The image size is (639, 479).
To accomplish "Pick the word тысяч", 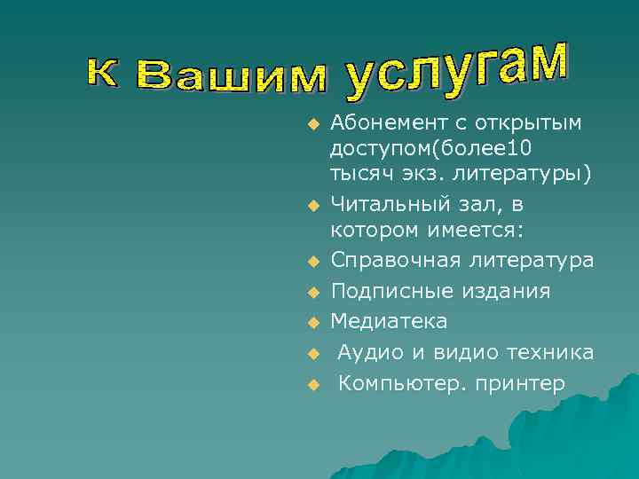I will coord(359,173).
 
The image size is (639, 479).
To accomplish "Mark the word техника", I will coord(549,352).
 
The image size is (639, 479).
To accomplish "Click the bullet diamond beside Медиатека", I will coord(312,322).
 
